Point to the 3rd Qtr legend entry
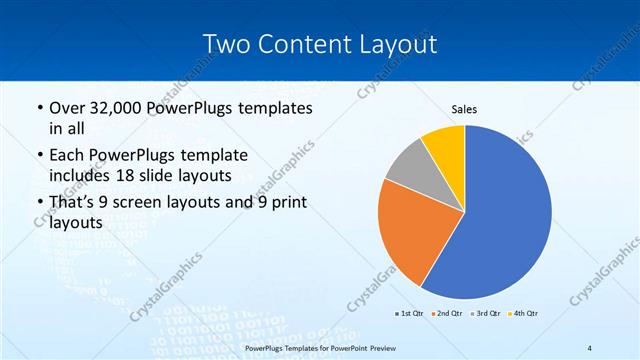pos(488,313)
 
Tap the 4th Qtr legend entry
pos(526,313)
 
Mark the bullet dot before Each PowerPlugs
pos(39,156)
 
